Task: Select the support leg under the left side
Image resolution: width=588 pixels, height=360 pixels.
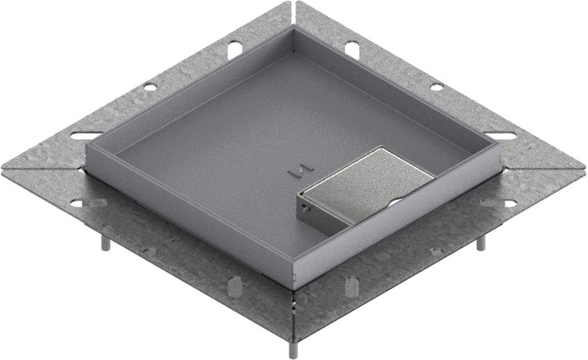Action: coord(105,242)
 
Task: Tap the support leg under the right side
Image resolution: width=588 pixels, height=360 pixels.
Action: coord(481,242)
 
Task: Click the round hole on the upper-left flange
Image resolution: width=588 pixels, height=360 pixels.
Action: coord(149,87)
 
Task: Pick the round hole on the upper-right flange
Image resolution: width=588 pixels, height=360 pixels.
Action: coord(436,87)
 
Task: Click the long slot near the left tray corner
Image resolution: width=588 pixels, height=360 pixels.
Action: coord(85,135)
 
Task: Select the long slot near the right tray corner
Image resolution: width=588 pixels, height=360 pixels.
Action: coord(501,135)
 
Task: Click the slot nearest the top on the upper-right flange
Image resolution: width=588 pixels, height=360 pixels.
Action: coord(352,50)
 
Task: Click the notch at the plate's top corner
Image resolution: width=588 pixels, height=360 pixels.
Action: coord(293,7)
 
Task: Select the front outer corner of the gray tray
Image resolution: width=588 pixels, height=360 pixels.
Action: coord(293,286)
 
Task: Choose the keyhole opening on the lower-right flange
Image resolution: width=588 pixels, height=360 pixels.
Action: coord(508,202)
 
